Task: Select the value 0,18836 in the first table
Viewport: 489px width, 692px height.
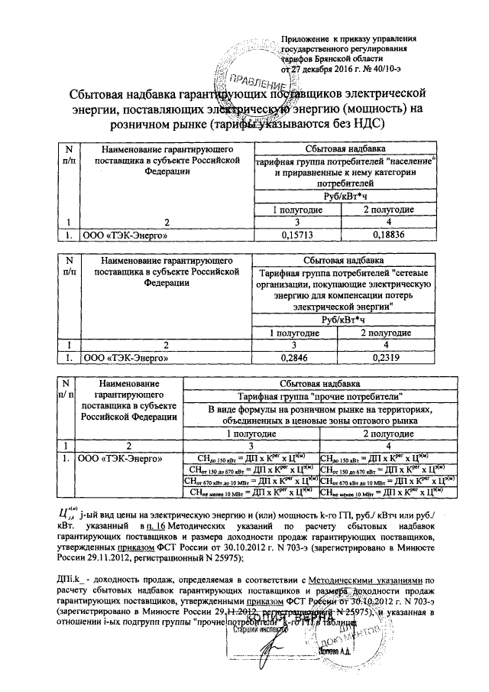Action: pyautogui.click(x=387, y=235)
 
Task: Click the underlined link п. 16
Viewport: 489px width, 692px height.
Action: pyautogui.click(x=150, y=528)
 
